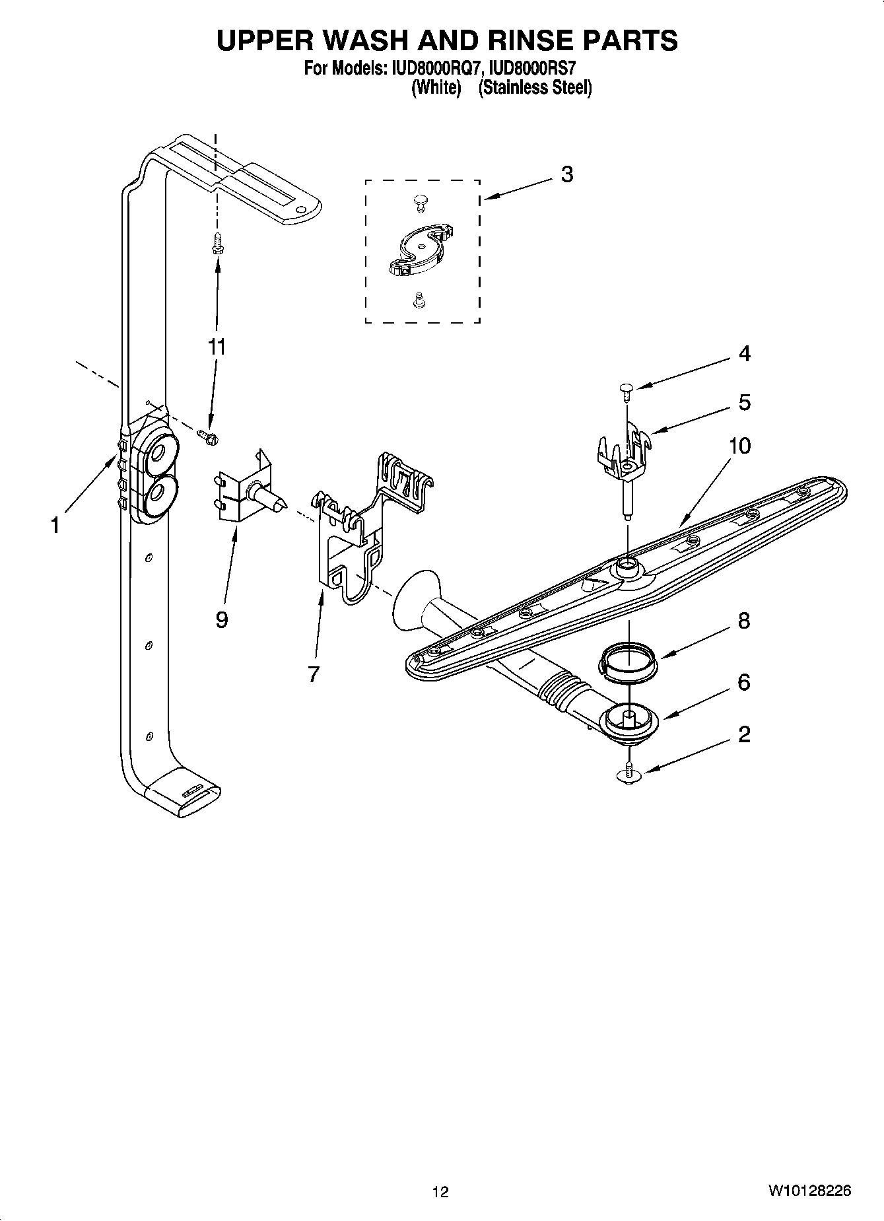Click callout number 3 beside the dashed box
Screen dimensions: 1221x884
click(566, 174)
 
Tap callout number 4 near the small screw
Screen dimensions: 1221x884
click(744, 354)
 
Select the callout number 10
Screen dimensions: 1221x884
click(739, 446)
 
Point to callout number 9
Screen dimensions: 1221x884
click(221, 619)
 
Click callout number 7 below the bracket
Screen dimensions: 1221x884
click(313, 674)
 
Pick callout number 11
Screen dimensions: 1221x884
click(217, 346)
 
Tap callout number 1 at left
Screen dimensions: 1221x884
click(55, 526)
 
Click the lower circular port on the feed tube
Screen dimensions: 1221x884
click(158, 493)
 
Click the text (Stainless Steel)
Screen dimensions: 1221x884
click(535, 87)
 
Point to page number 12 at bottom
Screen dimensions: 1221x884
click(440, 1191)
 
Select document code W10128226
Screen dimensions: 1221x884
click(809, 1191)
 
